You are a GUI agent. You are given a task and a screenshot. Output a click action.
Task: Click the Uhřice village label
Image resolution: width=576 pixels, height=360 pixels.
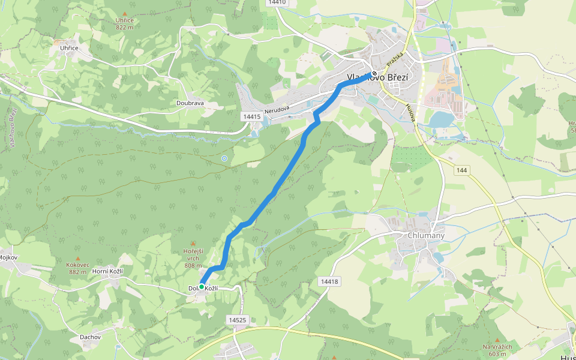69,47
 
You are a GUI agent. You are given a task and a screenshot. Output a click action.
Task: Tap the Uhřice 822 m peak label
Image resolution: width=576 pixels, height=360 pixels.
125,23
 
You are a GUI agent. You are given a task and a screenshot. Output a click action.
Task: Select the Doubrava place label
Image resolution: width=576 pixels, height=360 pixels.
190,103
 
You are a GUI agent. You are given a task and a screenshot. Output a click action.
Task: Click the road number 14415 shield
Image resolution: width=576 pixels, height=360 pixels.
251,116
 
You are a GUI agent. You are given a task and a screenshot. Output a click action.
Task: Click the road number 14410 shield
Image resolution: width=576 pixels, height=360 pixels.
277,2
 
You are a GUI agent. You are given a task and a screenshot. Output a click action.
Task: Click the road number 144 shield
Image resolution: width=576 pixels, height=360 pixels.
461,170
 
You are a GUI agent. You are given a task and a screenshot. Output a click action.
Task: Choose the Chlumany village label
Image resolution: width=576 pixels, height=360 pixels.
426,236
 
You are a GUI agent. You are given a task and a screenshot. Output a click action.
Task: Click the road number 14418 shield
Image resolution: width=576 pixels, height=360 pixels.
329,281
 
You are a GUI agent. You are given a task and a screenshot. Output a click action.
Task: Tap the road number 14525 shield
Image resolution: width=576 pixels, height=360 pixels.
238,320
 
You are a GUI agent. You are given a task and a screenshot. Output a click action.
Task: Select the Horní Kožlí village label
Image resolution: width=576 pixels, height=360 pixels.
108,272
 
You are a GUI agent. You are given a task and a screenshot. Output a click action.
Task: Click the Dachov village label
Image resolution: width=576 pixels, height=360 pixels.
91,337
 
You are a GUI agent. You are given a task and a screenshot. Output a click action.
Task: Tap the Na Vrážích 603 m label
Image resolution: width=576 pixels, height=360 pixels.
497,350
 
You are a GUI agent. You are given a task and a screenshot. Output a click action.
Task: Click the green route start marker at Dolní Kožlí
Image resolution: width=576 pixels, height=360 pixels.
202,287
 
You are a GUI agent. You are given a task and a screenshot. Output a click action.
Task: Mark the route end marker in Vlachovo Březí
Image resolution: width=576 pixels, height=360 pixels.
373,74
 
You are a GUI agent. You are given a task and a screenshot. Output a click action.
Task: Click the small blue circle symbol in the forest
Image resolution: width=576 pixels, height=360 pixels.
224,158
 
